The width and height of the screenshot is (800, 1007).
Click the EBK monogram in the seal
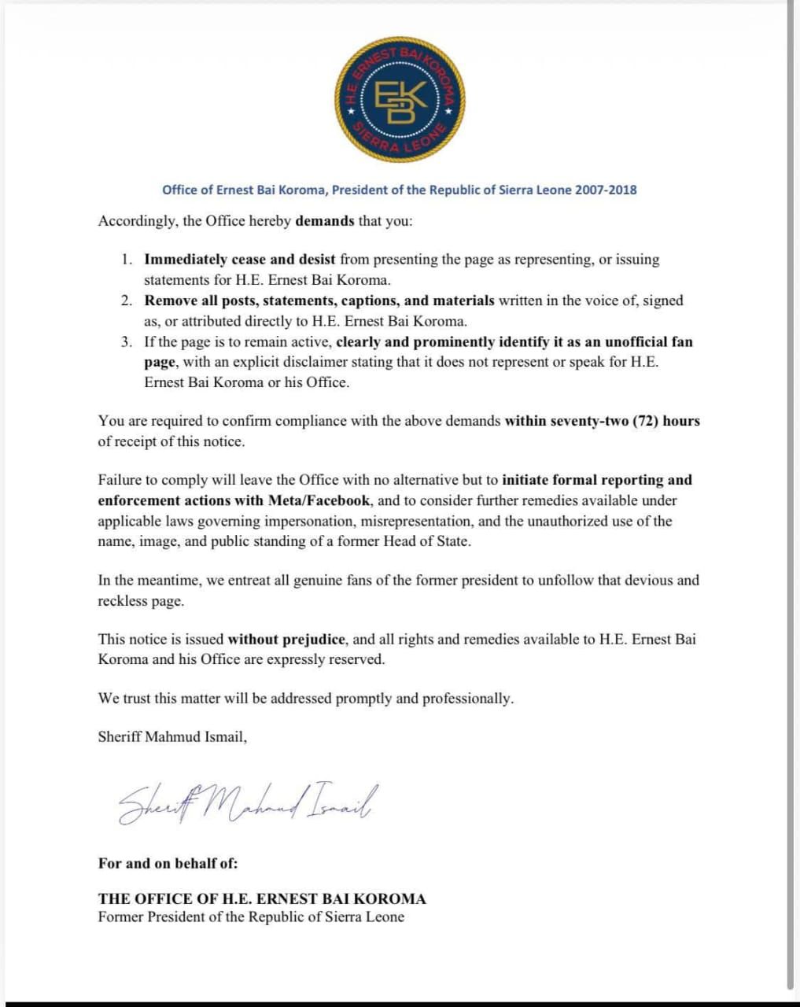[x=400, y=99]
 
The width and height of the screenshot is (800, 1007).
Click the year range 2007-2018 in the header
[x=606, y=190]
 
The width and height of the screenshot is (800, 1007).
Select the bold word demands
[x=325, y=221]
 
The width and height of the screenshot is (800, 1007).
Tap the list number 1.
[x=127, y=260]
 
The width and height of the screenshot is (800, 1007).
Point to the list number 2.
[x=127, y=301]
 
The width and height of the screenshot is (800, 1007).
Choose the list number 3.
[x=127, y=342]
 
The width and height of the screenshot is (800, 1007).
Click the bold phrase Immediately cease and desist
[x=240, y=260]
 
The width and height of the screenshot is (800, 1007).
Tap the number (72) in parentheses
[x=646, y=421]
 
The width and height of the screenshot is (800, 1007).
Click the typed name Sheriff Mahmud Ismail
[x=172, y=737]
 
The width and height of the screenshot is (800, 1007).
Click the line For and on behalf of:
[x=168, y=863]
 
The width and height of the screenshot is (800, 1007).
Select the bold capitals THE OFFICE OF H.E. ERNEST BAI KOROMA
[x=262, y=898]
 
